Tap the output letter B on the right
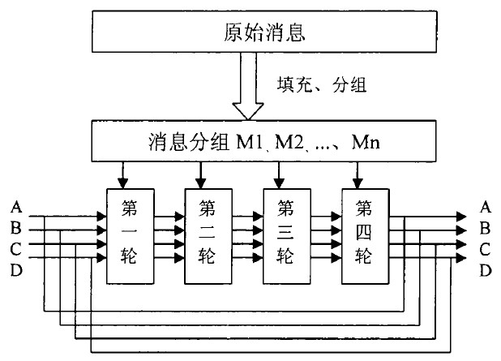(x=486, y=230)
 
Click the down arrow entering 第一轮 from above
(x=122, y=174)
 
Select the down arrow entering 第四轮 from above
(x=358, y=174)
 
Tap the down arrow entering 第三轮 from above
(x=279, y=174)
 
